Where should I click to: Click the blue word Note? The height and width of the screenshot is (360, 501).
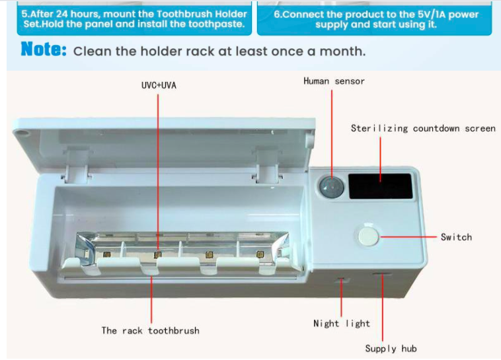[44, 50]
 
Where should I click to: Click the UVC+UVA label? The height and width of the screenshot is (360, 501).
[159, 85]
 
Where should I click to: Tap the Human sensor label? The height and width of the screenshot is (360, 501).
[334, 81]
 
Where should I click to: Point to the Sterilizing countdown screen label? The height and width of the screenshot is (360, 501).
[423, 128]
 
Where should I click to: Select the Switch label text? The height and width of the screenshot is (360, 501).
[456, 236]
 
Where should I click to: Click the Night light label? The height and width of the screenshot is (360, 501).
[341, 324]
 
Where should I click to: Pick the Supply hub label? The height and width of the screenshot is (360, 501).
[391, 348]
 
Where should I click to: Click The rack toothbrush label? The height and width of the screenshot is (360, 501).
[150, 330]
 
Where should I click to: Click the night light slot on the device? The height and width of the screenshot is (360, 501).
[342, 281]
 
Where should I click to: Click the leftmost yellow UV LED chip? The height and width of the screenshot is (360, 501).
[106, 254]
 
